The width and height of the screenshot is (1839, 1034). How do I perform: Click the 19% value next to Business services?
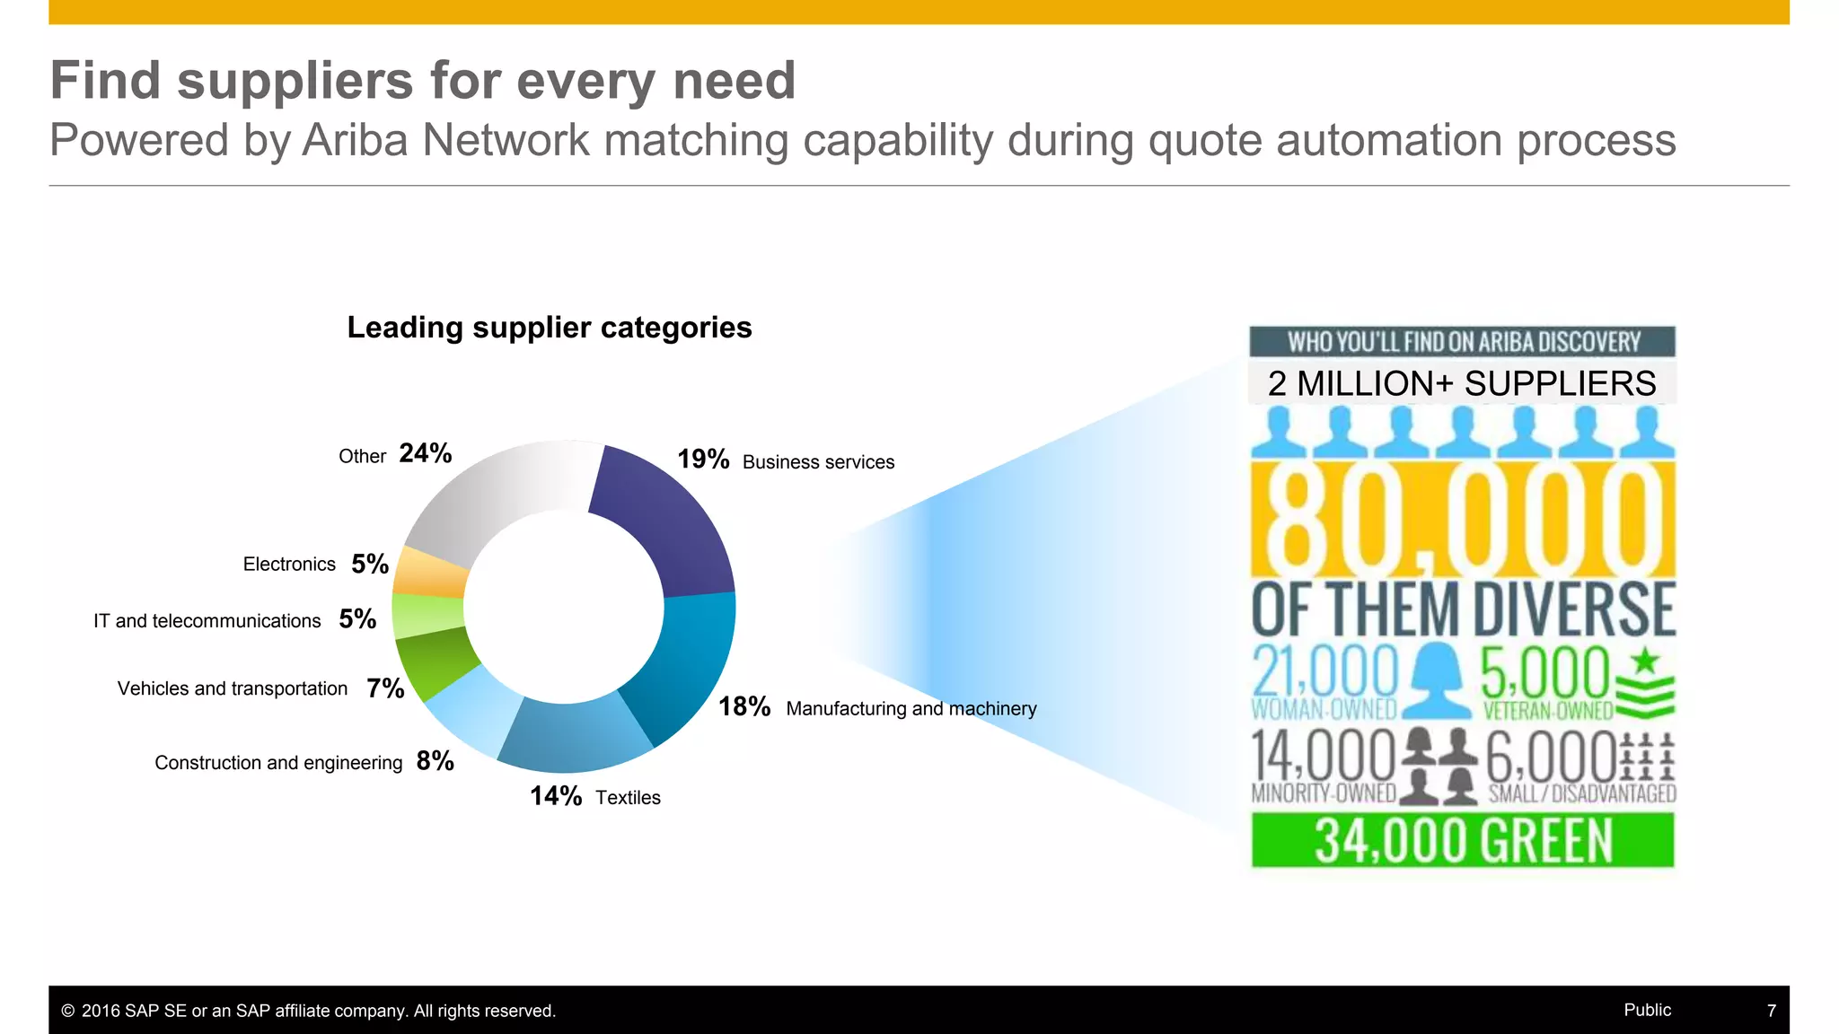[x=703, y=460]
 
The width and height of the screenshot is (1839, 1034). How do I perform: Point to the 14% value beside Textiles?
[x=556, y=796]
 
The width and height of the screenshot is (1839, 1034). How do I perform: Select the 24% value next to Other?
[x=426, y=453]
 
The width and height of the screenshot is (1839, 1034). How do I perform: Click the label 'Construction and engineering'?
[x=278, y=763]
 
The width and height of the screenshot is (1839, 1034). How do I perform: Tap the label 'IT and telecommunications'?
[x=207, y=621]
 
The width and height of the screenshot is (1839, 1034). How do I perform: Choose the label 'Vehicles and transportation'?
[x=233, y=688]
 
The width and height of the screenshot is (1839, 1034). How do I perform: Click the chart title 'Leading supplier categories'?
[x=550, y=328]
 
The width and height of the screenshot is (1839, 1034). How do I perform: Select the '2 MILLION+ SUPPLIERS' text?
[x=1462, y=384]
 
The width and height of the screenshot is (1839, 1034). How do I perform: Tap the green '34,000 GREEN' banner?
[x=1463, y=841]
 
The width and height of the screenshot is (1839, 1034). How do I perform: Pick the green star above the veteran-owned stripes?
[x=1644, y=661]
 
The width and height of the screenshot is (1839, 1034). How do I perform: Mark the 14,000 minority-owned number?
[x=1324, y=757]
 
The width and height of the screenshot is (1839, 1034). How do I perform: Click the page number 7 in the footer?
[x=1771, y=1011]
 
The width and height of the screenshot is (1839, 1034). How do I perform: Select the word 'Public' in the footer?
[x=1647, y=1010]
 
